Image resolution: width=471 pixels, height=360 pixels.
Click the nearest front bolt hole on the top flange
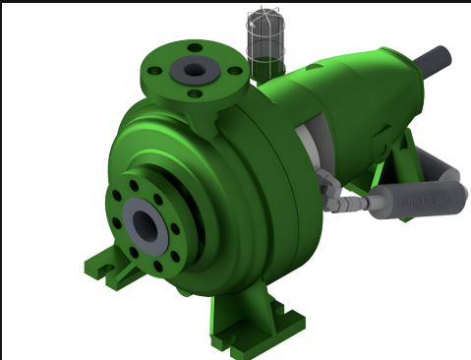[195, 94]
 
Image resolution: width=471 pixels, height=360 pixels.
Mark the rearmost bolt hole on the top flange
[195, 48]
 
